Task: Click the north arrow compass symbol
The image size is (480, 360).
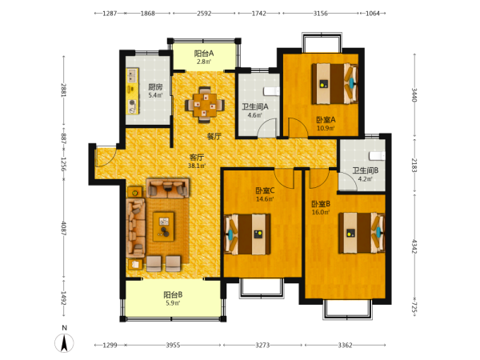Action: click(64, 343)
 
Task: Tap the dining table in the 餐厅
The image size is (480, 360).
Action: click(205, 105)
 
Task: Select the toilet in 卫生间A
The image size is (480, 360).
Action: click(272, 91)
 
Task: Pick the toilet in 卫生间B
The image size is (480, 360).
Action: click(377, 156)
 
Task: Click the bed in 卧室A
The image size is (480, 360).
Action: click(335, 83)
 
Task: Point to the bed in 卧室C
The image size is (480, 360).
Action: click(247, 234)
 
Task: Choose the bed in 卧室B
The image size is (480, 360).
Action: click(362, 233)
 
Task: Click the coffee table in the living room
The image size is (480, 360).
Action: click(163, 226)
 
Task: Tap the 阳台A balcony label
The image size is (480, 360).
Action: click(204, 54)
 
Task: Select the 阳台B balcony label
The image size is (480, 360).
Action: click(173, 294)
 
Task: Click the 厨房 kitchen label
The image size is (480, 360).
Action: click(155, 87)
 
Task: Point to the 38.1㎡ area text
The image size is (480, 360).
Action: click(197, 166)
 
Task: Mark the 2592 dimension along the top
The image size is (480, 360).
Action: click(204, 13)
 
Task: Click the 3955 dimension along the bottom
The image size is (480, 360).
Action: click(173, 346)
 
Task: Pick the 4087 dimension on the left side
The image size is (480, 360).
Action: click(64, 228)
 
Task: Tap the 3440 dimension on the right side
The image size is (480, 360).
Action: click(414, 95)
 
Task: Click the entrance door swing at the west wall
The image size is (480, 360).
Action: click(105, 156)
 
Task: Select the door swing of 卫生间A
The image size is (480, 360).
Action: click(267, 128)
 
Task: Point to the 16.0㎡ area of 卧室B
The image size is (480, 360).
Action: click(321, 212)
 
